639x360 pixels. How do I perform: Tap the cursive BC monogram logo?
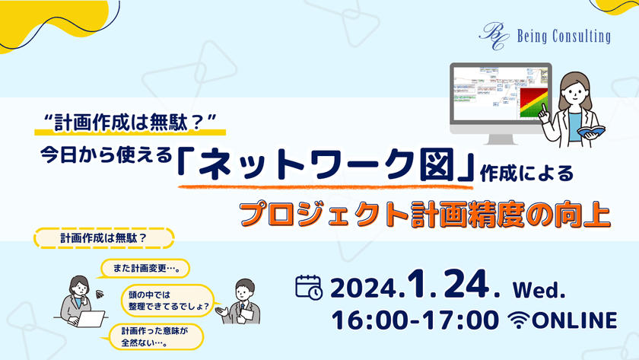(491, 34)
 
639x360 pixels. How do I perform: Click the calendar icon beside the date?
(308, 286)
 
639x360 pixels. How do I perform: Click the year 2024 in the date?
(364, 288)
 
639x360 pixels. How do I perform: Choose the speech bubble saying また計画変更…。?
(145, 268)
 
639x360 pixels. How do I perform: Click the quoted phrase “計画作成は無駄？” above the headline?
(132, 120)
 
